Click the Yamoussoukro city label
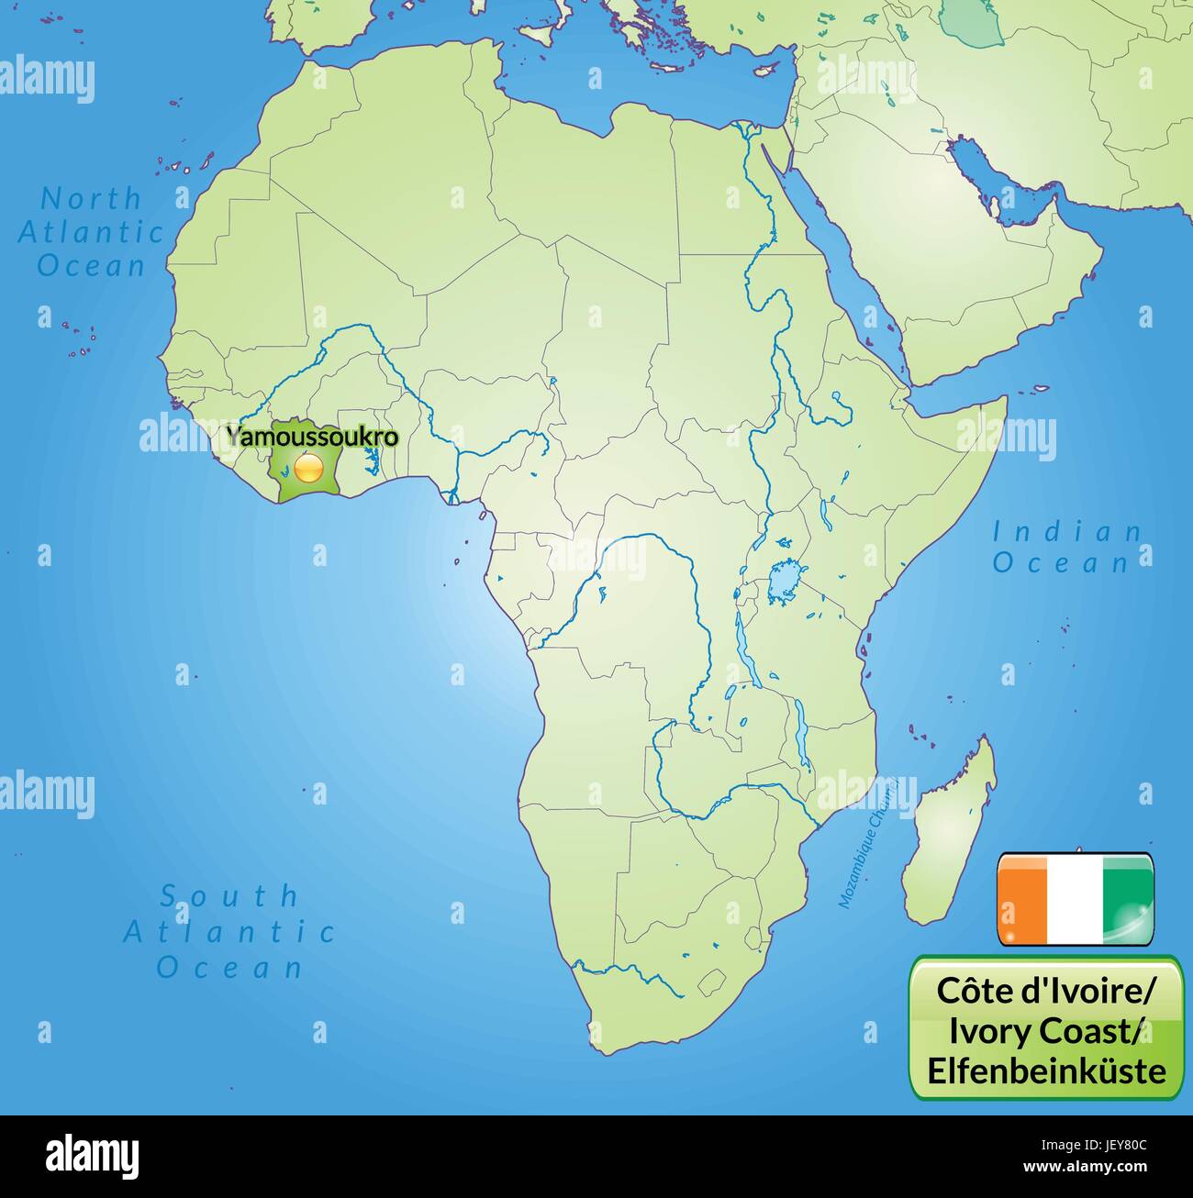312,437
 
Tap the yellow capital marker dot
309,470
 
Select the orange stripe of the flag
1024,898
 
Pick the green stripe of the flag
1128,898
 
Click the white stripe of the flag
1076,898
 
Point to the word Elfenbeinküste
1047,1070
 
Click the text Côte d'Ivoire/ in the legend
1047,990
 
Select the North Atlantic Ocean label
91,232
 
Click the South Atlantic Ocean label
229,931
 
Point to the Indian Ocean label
1067,547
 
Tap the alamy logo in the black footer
93,1156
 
